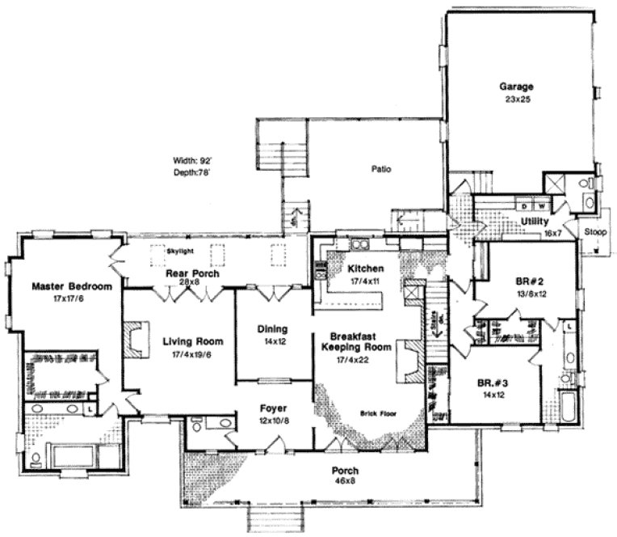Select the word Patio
(381, 170)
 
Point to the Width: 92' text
(192, 159)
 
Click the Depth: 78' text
(192, 171)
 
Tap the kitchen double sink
(359, 243)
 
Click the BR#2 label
(527, 282)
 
